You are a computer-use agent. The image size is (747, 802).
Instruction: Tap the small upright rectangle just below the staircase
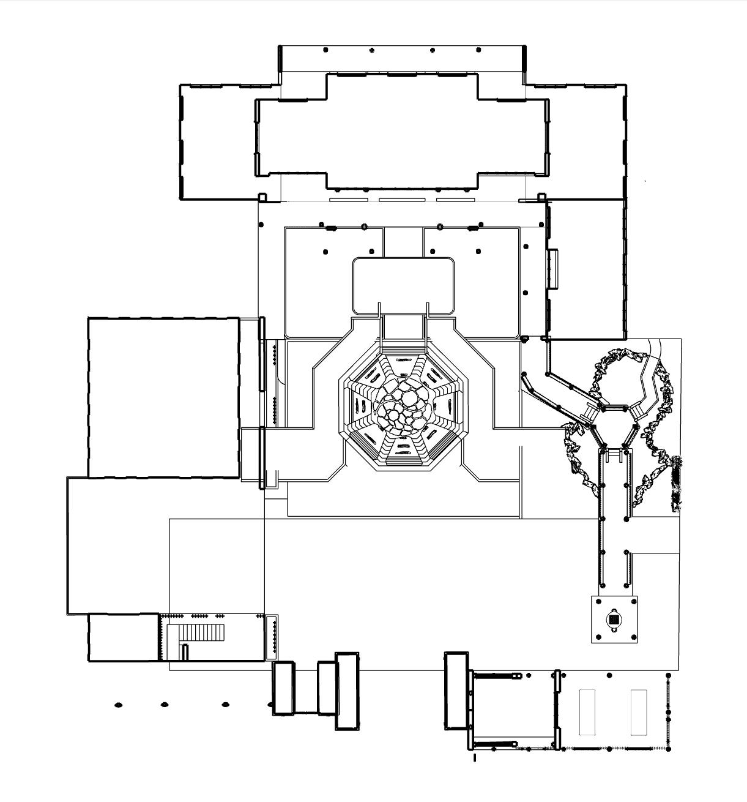[x=185, y=652]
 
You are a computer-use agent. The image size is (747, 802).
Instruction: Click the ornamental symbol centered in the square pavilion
[x=614, y=620]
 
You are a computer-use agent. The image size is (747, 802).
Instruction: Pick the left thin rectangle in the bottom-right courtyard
[x=587, y=712]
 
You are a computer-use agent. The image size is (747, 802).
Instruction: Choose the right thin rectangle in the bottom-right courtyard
[x=639, y=712]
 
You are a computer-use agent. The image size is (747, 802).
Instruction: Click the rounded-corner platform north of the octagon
[x=404, y=285]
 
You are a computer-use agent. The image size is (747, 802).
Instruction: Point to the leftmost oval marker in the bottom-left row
[x=118, y=705]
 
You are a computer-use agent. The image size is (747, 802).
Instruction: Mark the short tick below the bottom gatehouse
[x=475, y=758]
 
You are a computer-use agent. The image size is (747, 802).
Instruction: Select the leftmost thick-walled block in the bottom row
[x=283, y=688]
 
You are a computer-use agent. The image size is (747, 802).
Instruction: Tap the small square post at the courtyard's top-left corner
[x=262, y=198]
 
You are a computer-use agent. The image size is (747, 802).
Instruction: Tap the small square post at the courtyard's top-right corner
[x=541, y=197]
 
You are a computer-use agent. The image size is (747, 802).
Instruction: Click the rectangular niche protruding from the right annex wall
[x=553, y=269]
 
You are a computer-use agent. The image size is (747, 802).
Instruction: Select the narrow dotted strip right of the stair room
[x=272, y=637]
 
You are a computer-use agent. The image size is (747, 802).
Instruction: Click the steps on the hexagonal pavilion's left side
[x=589, y=414]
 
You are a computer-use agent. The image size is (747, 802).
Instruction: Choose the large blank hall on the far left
[x=163, y=397]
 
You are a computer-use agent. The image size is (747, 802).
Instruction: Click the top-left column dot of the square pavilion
[x=598, y=602]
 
